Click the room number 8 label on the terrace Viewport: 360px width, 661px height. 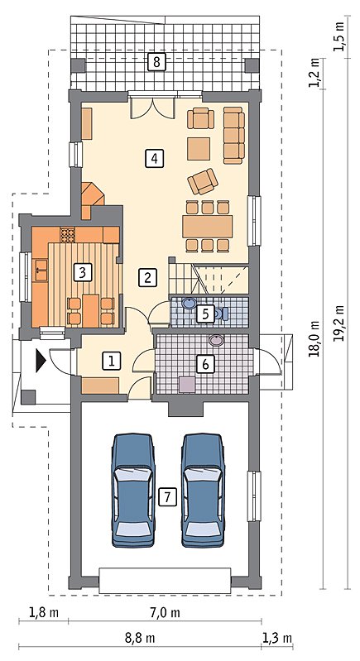tap(156, 62)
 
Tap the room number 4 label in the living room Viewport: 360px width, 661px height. tap(154, 159)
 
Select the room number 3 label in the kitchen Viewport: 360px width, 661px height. tap(82, 272)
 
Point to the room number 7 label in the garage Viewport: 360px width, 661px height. tap(167, 497)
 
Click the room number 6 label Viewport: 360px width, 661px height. tap(205, 364)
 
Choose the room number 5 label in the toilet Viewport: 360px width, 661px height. tap(205, 314)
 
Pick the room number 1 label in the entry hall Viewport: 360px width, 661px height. tap(111, 361)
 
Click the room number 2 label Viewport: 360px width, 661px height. tap(147, 278)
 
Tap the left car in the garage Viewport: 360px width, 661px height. tap(132, 490)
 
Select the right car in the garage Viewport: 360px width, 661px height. tap(203, 490)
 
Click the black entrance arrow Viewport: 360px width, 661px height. tap(41, 361)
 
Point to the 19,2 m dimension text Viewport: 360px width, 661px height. tap(340, 323)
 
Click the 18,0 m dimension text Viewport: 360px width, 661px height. tap(314, 338)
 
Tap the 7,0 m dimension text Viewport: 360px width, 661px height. tap(165, 612)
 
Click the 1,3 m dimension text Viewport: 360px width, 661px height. tap(277, 638)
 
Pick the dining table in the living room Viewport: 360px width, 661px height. tap(208, 227)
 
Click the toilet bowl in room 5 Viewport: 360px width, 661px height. tap(221, 314)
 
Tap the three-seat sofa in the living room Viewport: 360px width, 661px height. tap(234, 136)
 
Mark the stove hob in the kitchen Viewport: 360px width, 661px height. tap(66, 234)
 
